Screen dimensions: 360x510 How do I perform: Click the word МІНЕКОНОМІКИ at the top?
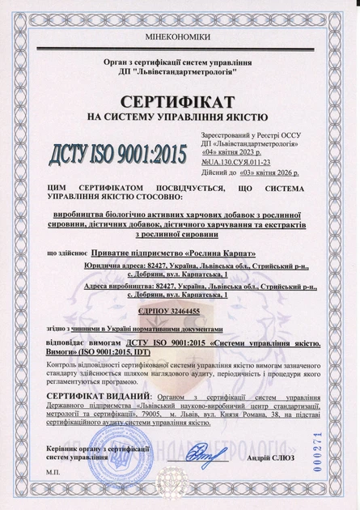click(180, 38)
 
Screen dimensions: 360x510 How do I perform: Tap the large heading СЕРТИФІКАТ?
click(178, 101)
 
